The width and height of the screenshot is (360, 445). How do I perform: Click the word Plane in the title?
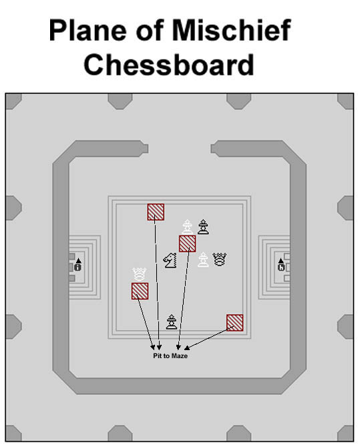coord(87,30)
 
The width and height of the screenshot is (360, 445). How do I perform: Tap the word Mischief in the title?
coord(231,30)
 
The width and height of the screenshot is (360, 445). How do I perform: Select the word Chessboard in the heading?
coord(169,65)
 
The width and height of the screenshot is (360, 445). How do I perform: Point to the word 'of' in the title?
coord(150,30)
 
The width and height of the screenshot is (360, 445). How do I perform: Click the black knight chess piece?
coord(170,260)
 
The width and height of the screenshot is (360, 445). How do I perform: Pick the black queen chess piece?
coord(220,259)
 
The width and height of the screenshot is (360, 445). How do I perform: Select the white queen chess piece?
coord(140,274)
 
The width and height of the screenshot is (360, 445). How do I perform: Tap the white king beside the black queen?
coord(203,260)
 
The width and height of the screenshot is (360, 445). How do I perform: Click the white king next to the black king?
coord(187,227)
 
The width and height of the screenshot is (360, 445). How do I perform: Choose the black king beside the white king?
coord(203,227)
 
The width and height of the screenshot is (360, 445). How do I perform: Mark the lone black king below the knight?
coord(172,322)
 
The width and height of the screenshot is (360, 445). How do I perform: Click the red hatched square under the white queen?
coord(140,291)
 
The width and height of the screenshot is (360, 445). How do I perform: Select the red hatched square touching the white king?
coord(187,243)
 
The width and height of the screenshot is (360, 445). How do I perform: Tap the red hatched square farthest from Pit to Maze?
coord(156,212)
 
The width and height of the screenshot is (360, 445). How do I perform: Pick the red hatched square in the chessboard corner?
coord(234,323)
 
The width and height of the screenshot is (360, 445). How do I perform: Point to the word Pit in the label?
coord(157,355)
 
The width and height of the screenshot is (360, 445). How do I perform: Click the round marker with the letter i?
coord(77,267)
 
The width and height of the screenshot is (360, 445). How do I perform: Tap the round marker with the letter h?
coord(281,267)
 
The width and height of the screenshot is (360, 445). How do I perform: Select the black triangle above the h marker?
coord(281,261)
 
